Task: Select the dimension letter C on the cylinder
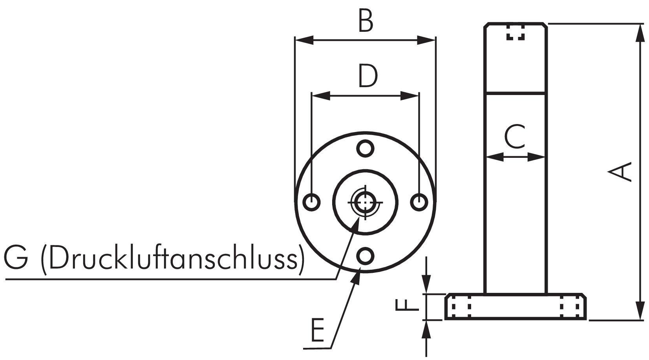coord(515,137)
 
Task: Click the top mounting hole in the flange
coord(365,148)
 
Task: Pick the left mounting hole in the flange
coord(312,202)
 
